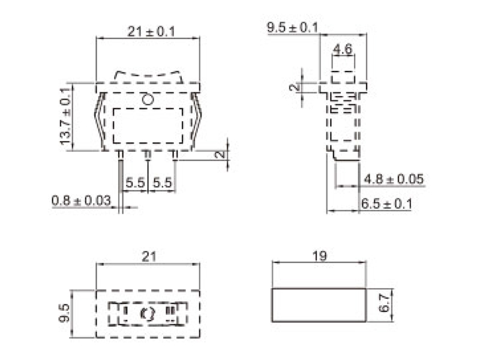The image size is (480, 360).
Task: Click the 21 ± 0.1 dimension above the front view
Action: pos(151,31)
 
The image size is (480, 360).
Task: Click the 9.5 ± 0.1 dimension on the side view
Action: pos(292,28)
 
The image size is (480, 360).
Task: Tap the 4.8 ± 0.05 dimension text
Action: pos(394,179)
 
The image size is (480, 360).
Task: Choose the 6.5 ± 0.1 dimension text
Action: pos(386,204)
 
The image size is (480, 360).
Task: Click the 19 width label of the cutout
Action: pos(319,256)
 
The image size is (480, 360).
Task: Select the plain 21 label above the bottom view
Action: pos(148,256)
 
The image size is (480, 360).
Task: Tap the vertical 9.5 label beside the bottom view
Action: pos(65,314)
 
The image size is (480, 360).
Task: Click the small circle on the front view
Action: pos(148,99)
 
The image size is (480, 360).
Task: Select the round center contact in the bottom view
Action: pos(146,313)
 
